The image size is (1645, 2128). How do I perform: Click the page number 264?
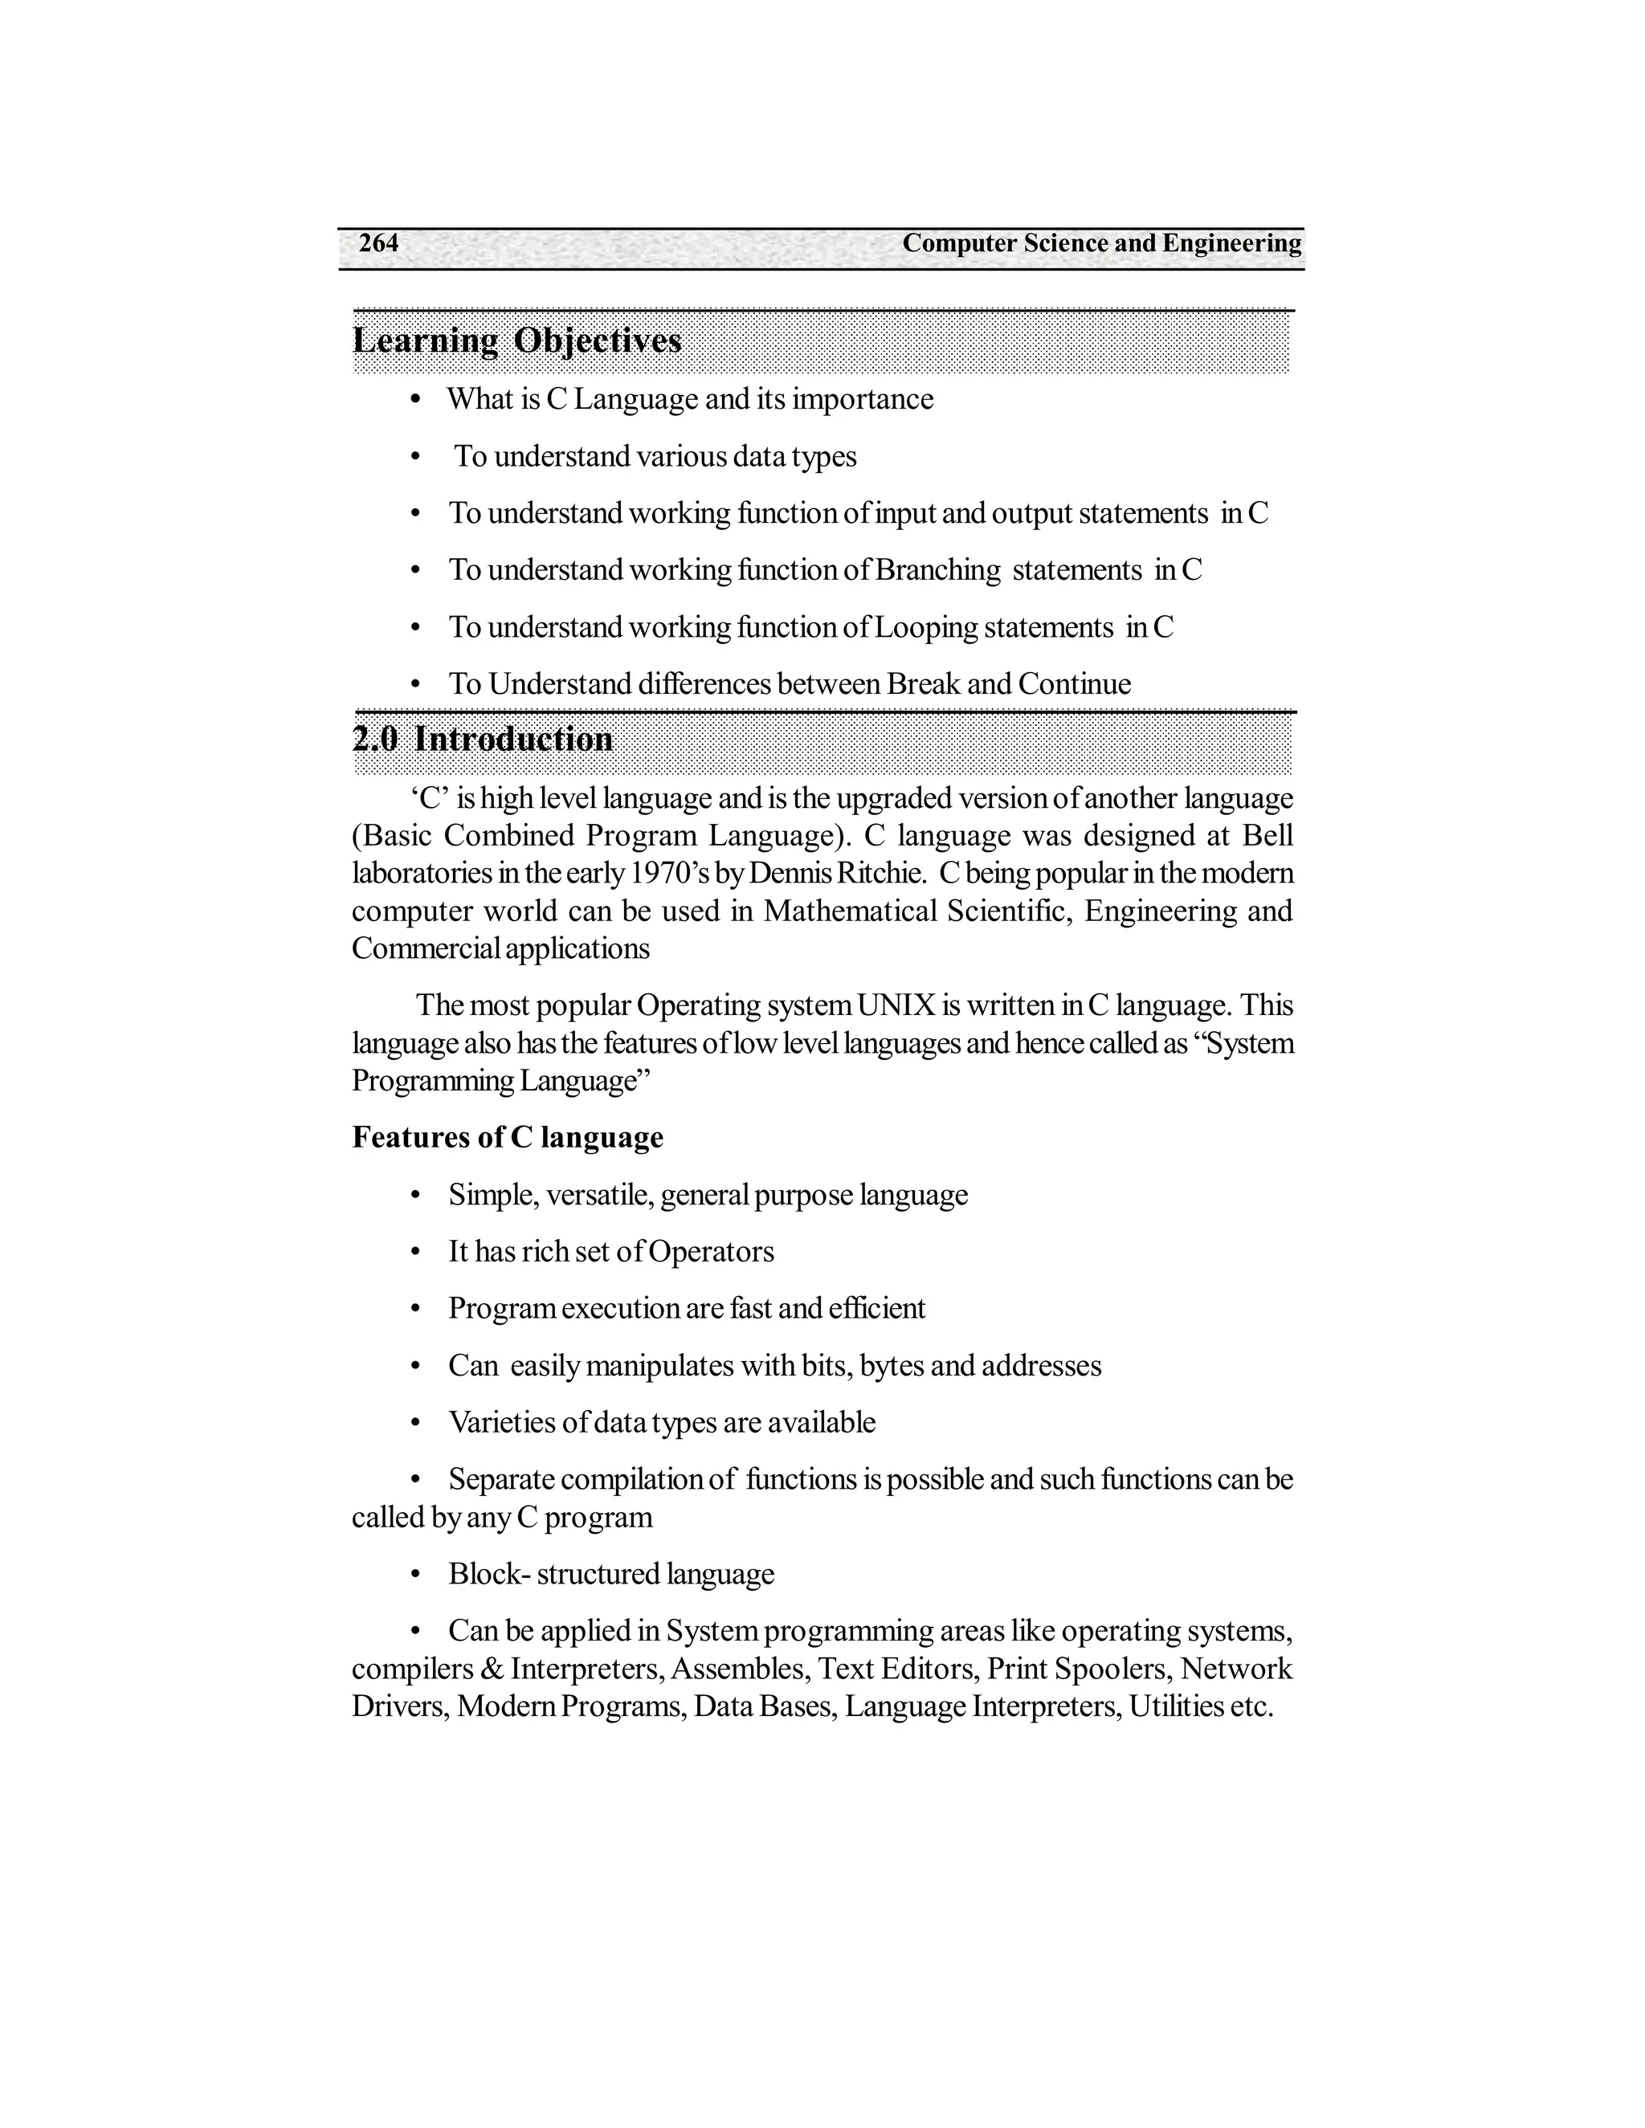point(378,243)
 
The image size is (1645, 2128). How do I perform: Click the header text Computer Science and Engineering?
point(1101,243)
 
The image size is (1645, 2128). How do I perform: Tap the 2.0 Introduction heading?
point(483,739)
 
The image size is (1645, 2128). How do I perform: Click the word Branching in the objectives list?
point(937,570)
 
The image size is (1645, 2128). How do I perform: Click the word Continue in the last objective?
point(1075,684)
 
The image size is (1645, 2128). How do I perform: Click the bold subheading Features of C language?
point(507,1137)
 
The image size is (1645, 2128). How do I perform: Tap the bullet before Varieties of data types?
point(415,1424)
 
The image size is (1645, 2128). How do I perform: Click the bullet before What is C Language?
point(415,399)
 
